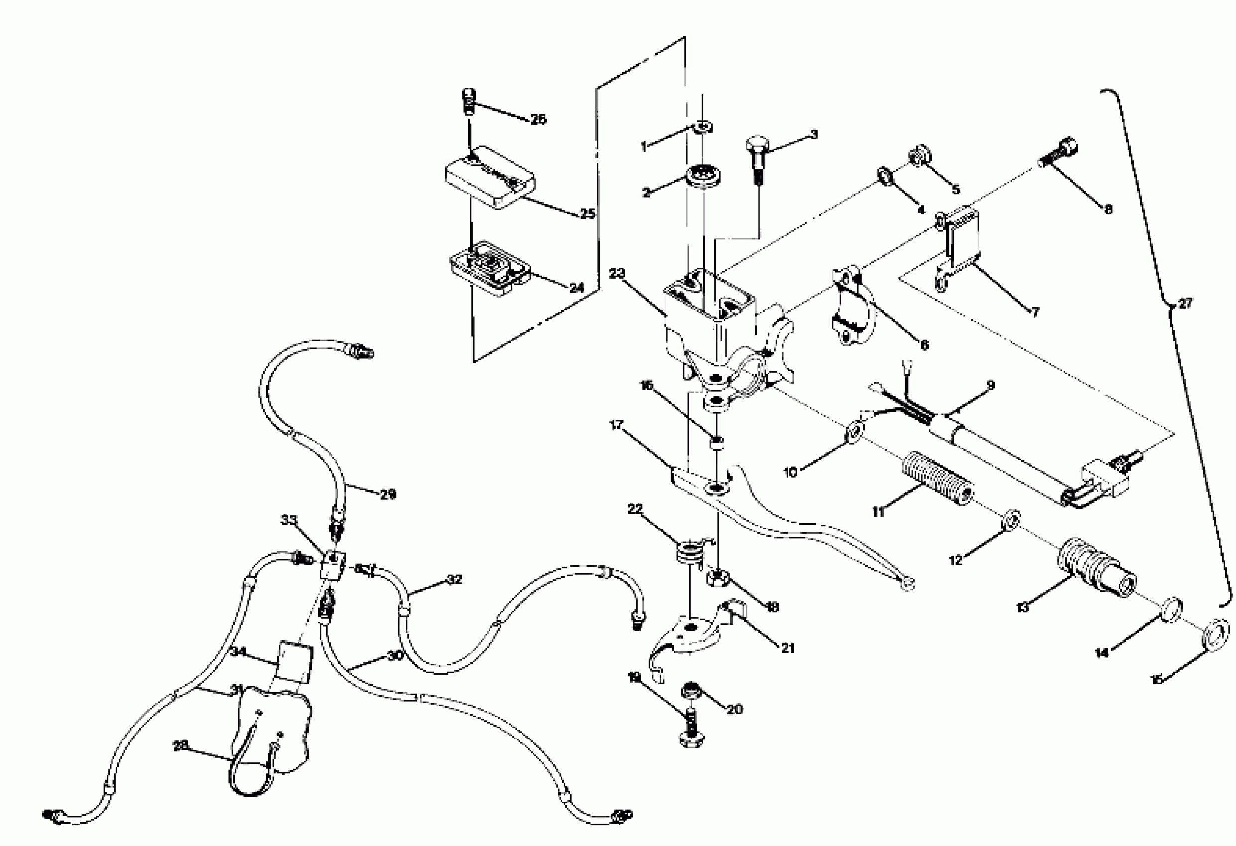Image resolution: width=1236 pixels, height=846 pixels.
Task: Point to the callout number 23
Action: (x=617, y=274)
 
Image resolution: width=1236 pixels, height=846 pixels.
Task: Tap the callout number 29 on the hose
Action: (x=388, y=494)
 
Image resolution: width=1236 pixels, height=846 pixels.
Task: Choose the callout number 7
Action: (x=1035, y=312)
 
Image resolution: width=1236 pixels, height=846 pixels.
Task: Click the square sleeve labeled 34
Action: (x=294, y=661)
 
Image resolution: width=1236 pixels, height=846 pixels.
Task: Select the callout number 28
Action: (x=181, y=746)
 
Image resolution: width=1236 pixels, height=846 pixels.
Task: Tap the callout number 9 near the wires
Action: (x=990, y=385)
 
